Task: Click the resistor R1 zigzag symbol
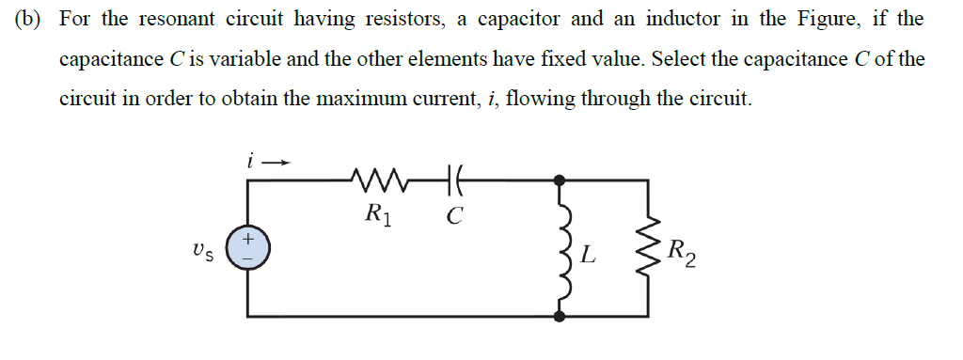pos(376,177)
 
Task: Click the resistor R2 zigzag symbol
pos(648,252)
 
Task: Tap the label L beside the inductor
pos(588,255)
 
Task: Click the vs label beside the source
pos(200,252)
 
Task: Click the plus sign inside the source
pos(248,240)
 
